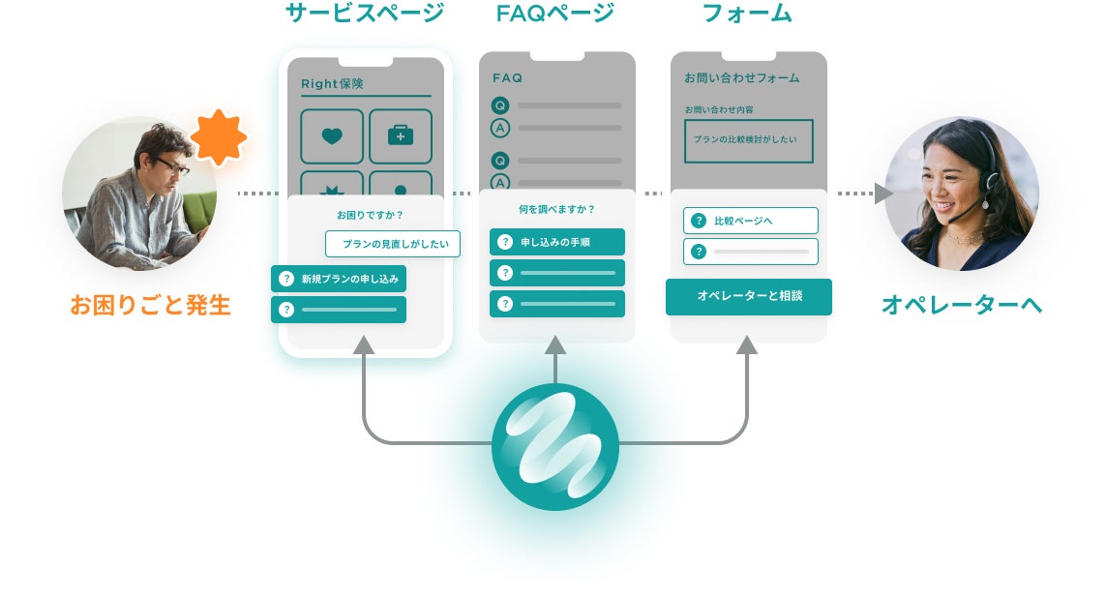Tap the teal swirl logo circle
pos(554,446)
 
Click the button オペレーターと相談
pos(749,296)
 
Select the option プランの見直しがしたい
pos(393,244)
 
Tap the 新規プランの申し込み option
pos(339,279)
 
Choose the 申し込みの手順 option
pos(557,242)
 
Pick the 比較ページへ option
pos(751,221)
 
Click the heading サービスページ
pos(365,14)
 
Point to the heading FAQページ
pos(555,14)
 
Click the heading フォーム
pos(747,14)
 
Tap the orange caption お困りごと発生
pos(150,305)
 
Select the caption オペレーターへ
pos(961,305)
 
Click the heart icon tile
pos(332,136)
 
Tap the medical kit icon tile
pos(400,136)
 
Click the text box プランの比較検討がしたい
pos(748,140)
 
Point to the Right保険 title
pos(332,84)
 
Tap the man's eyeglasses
pos(170,166)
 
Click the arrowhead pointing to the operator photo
pos(883,194)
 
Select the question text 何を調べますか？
pos(556,208)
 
